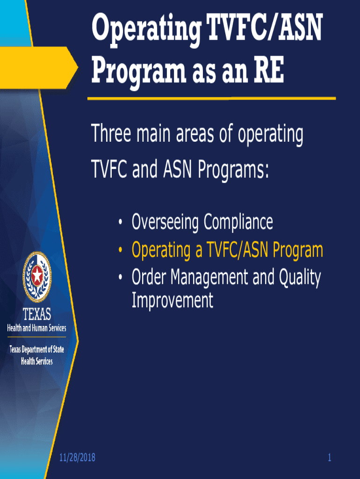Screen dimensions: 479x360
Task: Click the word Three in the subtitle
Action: [x=110, y=136]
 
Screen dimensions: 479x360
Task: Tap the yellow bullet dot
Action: [x=121, y=251]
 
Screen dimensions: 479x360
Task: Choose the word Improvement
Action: [x=173, y=300]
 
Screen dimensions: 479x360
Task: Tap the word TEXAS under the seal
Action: [x=36, y=314]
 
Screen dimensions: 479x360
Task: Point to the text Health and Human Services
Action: [x=36, y=328]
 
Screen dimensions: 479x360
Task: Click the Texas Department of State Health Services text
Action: [x=36, y=355]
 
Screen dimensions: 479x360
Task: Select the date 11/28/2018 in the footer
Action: [x=78, y=457]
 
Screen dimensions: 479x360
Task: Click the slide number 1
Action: [x=329, y=457]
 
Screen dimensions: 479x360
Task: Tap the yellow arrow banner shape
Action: [x=37, y=63]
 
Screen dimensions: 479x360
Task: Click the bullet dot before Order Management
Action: [x=121, y=279]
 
